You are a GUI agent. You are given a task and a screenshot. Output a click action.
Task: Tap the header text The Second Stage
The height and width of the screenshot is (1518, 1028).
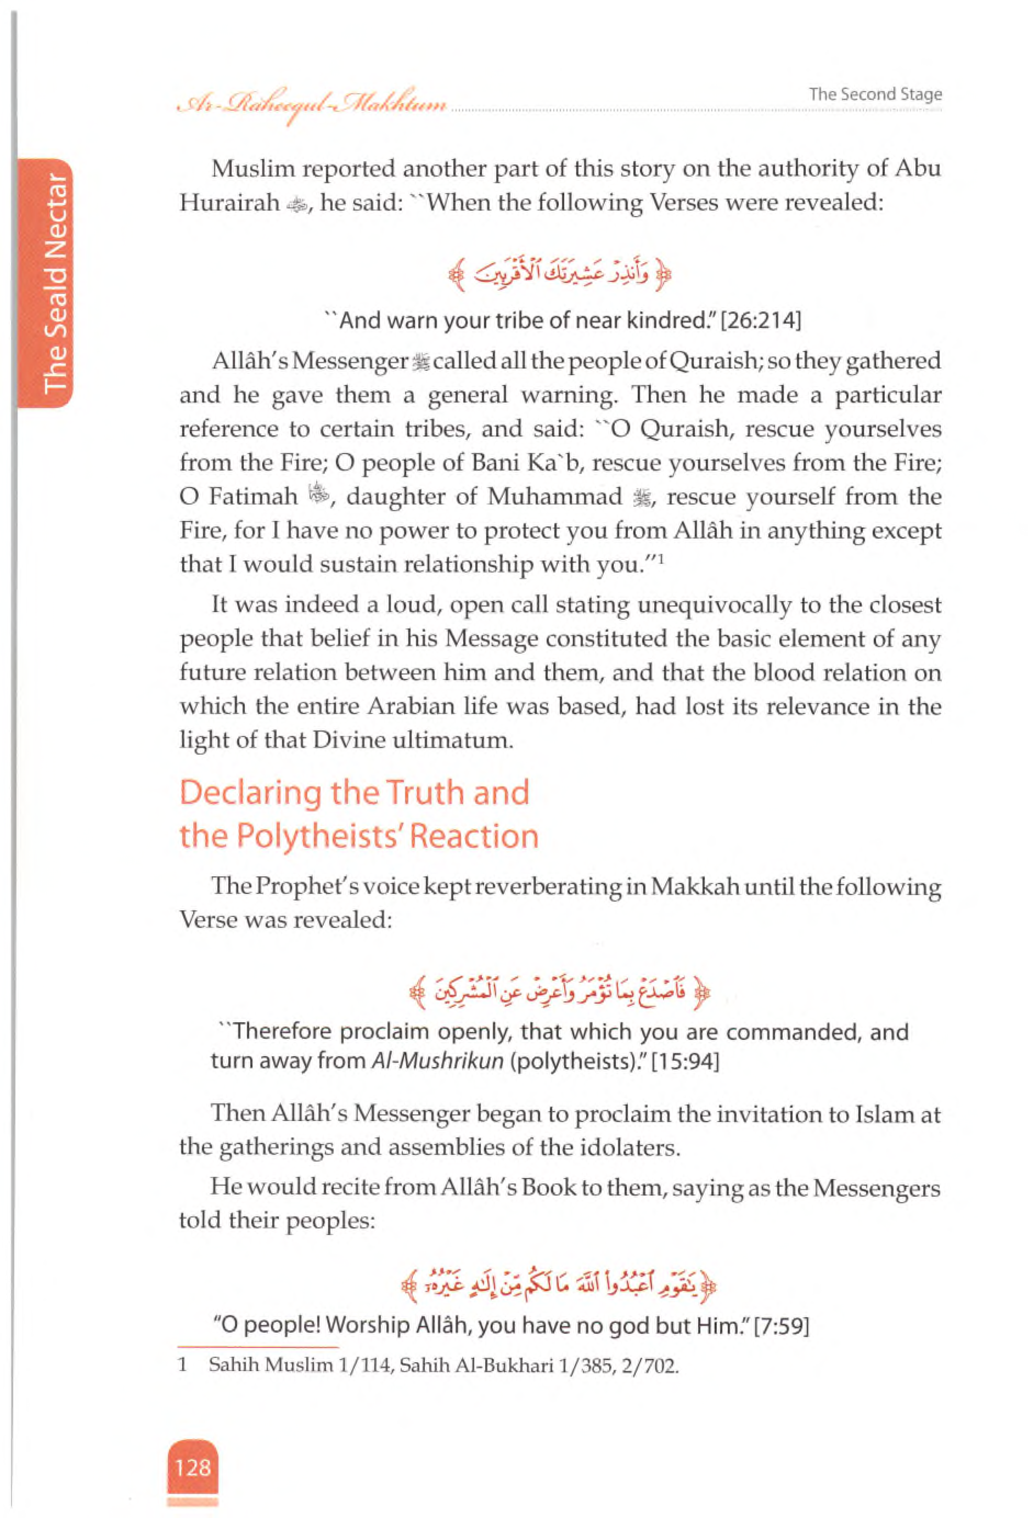(x=875, y=94)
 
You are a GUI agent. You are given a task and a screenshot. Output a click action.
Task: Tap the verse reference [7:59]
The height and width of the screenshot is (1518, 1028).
(x=782, y=1326)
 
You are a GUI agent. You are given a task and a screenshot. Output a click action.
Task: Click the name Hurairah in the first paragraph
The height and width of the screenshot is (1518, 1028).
(x=229, y=203)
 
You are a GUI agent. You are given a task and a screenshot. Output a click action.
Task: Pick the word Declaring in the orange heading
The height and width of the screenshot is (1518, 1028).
(x=250, y=793)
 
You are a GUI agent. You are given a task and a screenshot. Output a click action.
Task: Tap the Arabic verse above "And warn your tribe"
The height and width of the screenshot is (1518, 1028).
(x=560, y=277)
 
